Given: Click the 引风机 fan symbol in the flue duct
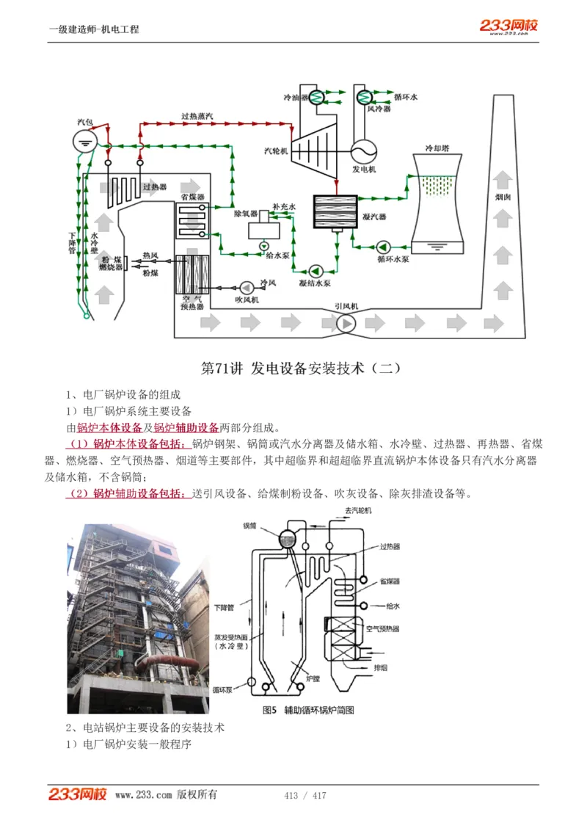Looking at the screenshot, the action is tap(345, 322).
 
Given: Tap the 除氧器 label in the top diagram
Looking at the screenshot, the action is tap(244, 214).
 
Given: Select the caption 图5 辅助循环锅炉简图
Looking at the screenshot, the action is tap(309, 710).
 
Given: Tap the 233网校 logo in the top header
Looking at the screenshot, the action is tap(508, 26).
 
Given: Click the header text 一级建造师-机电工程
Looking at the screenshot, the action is tap(94, 29).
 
